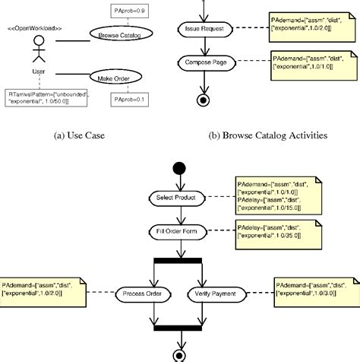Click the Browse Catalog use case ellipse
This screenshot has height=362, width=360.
(x=118, y=34)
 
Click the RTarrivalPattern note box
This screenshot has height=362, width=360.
(x=47, y=97)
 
